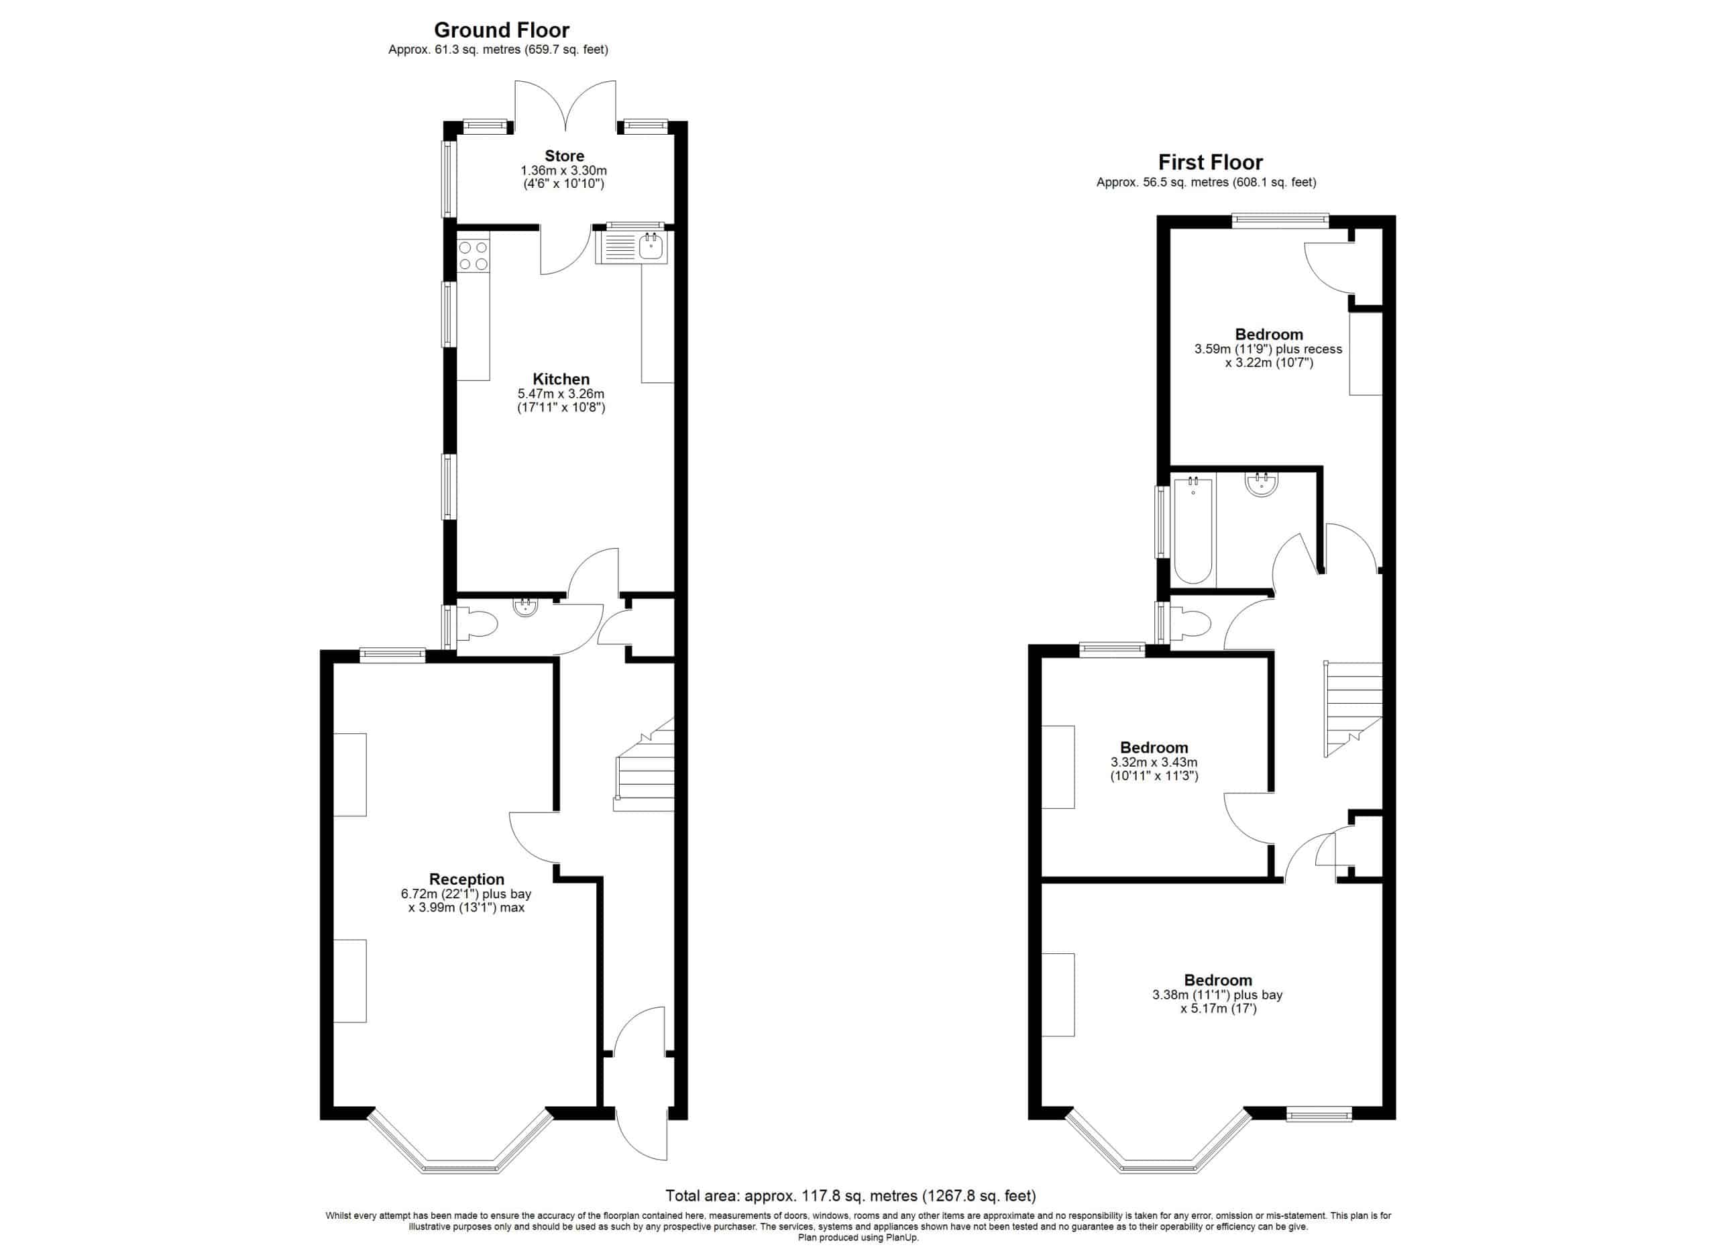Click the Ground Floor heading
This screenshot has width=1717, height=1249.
coord(501,30)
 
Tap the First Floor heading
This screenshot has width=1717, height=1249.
coord(1210,163)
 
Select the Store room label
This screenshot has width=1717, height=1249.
coord(564,156)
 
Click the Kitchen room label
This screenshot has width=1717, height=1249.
coord(561,379)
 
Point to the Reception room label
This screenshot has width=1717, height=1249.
coord(466,879)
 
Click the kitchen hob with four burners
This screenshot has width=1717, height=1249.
coord(473,254)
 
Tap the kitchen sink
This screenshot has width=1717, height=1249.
coord(631,247)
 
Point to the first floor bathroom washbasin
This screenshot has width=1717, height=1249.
coord(1261,484)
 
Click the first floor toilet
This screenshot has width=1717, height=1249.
coord(1191,625)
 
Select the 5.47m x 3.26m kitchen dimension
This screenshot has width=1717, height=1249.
coord(561,394)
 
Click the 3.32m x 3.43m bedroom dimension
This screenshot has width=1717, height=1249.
coord(1154,762)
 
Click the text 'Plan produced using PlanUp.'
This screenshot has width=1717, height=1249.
coord(858,1238)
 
